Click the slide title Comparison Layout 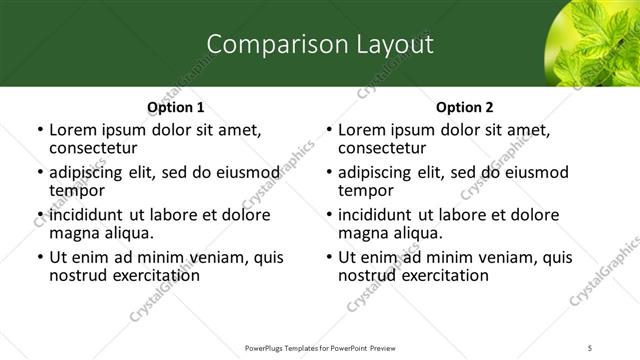tap(320, 44)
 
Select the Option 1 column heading tap(175, 107)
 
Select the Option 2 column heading tap(465, 107)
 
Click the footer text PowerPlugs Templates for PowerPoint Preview tap(319, 347)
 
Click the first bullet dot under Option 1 tap(39, 130)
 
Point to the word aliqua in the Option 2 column tap(421, 233)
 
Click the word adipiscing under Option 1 tap(89, 172)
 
